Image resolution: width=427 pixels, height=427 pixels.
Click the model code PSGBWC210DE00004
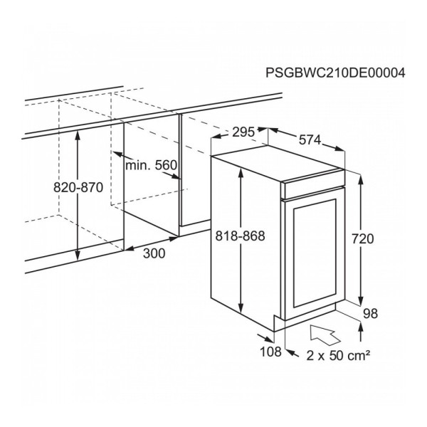click(335, 73)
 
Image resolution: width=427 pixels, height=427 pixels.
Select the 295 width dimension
click(243, 132)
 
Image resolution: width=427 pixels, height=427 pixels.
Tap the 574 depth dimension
click(310, 140)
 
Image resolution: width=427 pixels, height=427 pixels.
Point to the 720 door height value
click(363, 239)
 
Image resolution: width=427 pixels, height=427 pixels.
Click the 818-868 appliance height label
click(240, 236)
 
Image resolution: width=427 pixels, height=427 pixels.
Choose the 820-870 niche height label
click(78, 188)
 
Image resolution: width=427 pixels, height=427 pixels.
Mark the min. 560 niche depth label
click(151, 165)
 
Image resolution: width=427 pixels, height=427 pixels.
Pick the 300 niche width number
click(154, 253)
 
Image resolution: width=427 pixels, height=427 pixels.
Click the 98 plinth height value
click(370, 314)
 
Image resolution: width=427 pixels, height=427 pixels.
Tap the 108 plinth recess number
click(270, 352)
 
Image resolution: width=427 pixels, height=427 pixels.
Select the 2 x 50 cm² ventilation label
click(338, 355)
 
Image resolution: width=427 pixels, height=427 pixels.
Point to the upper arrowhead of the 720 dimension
click(361, 181)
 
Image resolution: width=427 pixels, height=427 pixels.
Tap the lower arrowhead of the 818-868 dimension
click(241, 307)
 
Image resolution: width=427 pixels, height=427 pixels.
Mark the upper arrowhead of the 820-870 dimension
click(78, 136)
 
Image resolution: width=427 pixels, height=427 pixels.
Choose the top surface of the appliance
click(278, 164)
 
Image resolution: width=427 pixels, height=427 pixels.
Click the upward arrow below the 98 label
click(361, 332)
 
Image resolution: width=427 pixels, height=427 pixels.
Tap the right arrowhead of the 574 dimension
click(339, 149)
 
